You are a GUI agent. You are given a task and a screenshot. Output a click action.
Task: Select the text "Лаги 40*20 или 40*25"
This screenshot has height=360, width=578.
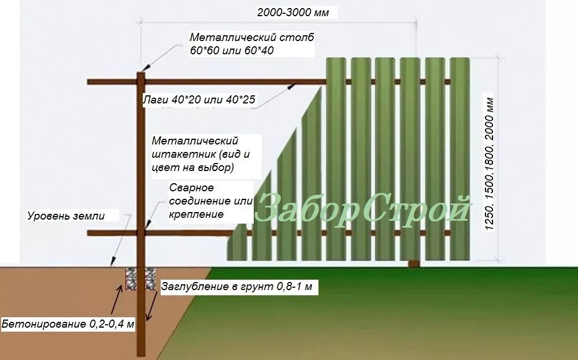coord(199,100)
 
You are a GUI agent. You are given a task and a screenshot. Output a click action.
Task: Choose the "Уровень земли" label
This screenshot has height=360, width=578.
coord(66,216)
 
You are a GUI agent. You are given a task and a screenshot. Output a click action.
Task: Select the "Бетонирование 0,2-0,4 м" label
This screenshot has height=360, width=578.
coord(68,324)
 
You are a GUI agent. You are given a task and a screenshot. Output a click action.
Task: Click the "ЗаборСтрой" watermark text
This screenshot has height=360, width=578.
coord(362,209)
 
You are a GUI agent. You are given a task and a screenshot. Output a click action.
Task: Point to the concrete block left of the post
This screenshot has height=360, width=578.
coord(131,279)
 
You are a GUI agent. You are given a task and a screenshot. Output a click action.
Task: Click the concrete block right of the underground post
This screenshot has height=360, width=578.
coord(150,279)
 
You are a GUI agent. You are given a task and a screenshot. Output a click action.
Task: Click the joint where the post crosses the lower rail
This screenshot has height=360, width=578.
coord(141,233)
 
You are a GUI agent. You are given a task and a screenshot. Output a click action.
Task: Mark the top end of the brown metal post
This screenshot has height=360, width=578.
coord(141,73)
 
